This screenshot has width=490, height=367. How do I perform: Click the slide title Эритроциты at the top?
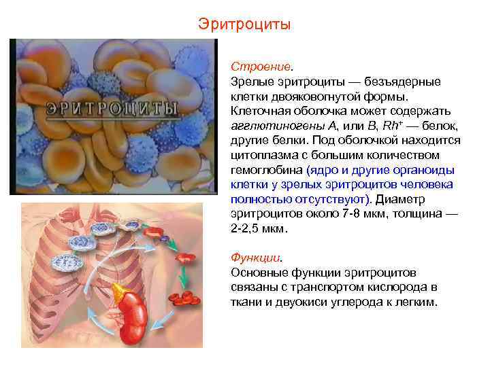point(244,24)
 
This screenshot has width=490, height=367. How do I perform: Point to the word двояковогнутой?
point(317,97)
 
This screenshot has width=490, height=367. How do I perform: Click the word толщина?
point(418,214)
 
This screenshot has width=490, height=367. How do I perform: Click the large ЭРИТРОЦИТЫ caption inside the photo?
point(112,109)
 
